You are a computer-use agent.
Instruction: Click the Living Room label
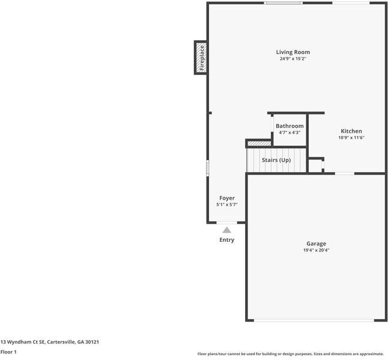tap(293, 52)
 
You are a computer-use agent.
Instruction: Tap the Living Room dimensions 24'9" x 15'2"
tap(293, 59)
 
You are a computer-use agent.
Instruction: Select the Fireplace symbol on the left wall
tap(201, 58)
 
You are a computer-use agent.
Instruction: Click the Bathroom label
tap(289, 126)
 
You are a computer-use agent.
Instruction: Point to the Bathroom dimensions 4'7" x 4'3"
tap(289, 133)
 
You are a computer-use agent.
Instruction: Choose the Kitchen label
tap(351, 131)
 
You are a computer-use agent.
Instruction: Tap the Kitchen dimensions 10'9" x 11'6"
tap(351, 137)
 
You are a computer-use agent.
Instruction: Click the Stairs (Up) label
tap(276, 160)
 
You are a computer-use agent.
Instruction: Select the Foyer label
tap(227, 198)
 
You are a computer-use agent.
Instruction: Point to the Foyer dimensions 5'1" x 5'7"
tap(227, 205)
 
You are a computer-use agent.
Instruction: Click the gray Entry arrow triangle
tap(226, 229)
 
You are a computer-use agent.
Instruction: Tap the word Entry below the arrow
tap(226, 240)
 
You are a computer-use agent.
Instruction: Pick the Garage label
tap(317, 244)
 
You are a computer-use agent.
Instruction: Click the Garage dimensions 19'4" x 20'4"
tap(317, 250)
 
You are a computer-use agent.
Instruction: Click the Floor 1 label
tap(8, 352)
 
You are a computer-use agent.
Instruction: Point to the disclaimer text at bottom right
tap(291, 354)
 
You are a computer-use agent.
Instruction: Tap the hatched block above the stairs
tap(259, 143)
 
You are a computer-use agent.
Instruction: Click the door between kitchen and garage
tap(344, 173)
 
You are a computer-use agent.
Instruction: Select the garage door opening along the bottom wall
tap(315, 320)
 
